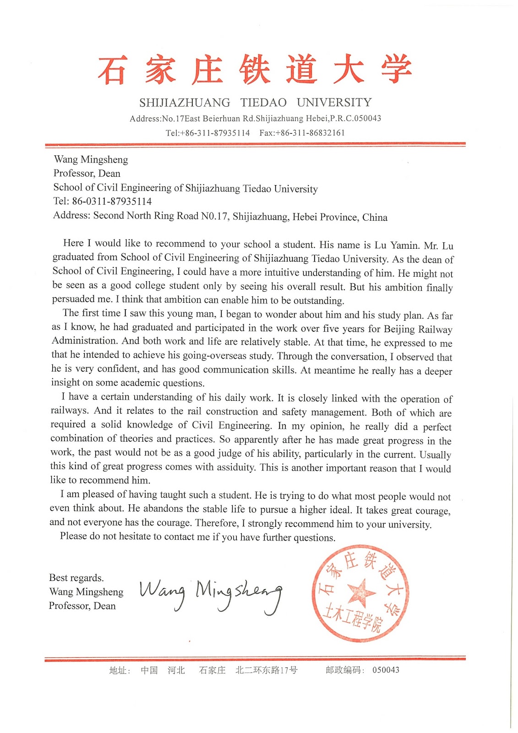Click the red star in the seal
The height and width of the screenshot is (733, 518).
(x=360, y=592)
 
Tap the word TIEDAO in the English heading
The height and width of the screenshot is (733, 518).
(x=264, y=102)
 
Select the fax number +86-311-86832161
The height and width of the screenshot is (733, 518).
(x=302, y=133)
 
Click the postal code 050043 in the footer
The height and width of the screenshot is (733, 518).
(x=386, y=670)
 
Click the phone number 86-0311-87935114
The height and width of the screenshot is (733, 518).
(x=112, y=201)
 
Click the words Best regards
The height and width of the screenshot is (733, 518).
(x=76, y=578)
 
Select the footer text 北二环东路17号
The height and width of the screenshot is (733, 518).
(x=266, y=670)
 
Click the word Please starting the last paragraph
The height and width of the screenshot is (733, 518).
(x=73, y=536)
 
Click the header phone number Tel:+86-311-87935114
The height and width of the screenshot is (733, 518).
(x=207, y=133)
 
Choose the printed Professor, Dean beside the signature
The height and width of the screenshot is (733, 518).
(x=82, y=606)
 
